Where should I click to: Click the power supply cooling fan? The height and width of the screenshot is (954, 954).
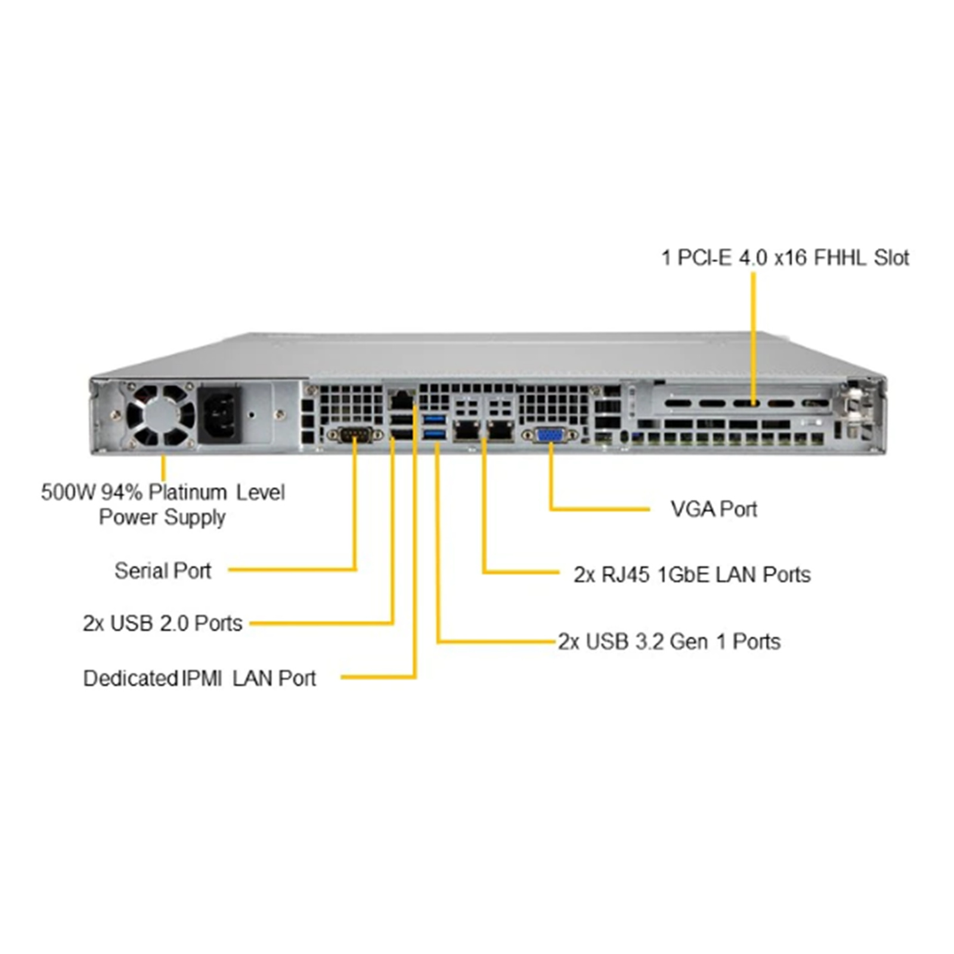click(x=160, y=414)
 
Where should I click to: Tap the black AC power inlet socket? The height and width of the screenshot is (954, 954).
click(x=219, y=414)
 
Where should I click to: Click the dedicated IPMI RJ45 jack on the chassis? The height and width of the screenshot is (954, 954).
click(x=402, y=398)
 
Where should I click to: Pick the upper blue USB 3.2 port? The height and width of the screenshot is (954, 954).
click(x=435, y=419)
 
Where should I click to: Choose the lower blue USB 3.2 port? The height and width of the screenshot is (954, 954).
click(x=435, y=433)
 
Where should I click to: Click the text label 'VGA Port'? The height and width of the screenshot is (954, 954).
click(x=714, y=509)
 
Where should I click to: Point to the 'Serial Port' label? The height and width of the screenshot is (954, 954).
click(x=163, y=571)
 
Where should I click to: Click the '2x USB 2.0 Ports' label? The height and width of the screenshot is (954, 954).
click(x=163, y=623)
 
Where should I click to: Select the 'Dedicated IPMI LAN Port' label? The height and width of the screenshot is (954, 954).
click(x=200, y=678)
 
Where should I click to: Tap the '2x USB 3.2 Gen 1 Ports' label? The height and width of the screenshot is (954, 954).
click(x=670, y=642)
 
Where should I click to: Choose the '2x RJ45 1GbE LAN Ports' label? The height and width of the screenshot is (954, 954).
click(x=692, y=574)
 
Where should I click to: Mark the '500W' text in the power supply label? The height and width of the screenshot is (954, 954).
click(x=68, y=493)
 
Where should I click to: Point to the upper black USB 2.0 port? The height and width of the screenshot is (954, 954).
click(x=402, y=419)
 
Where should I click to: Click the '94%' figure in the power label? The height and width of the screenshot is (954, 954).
click(x=122, y=493)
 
